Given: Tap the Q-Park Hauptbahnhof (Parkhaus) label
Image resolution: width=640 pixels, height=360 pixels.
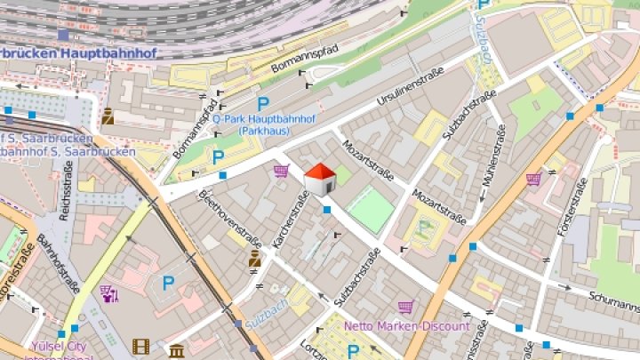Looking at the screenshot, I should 270,124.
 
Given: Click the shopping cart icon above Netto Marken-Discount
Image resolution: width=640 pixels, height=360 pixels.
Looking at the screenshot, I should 405,308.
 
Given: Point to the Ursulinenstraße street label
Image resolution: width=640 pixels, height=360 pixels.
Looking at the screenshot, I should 410,86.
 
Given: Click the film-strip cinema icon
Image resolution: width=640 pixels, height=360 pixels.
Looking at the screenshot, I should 140,346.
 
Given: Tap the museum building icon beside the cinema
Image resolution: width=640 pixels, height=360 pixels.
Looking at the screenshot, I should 176,350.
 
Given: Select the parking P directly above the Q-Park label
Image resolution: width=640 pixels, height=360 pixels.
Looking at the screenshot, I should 263,104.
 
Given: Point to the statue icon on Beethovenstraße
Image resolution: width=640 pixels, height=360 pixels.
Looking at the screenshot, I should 254,259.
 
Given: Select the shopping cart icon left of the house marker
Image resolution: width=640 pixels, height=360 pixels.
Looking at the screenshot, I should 282,171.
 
